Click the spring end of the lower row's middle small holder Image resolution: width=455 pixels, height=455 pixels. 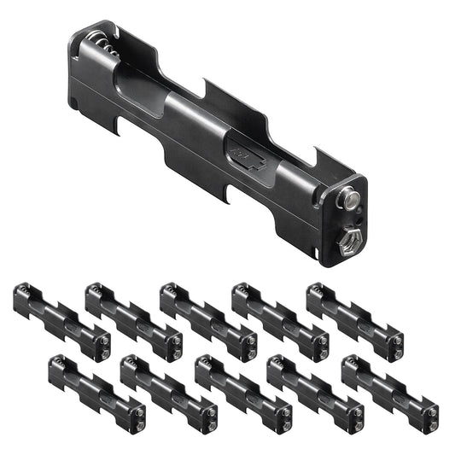205,365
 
